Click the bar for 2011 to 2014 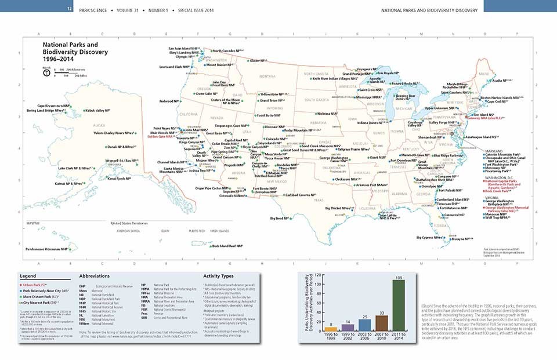click(399, 307)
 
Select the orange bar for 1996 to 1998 click(331, 329)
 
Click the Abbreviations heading click(93, 276)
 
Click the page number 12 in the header click(70, 9)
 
